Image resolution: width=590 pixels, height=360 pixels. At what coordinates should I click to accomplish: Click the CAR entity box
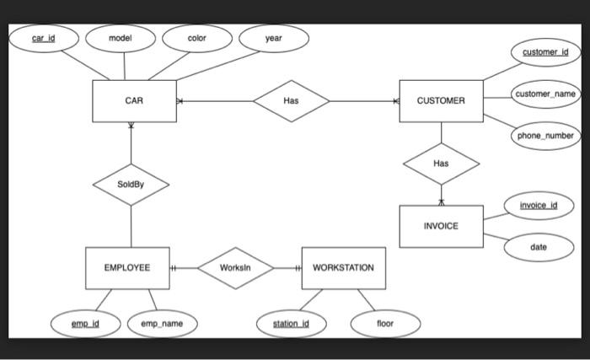pyautogui.click(x=134, y=101)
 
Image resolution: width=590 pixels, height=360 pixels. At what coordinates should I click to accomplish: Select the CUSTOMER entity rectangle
pyautogui.click(x=441, y=101)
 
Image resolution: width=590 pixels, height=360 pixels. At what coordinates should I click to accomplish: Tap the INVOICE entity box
pyautogui.click(x=441, y=226)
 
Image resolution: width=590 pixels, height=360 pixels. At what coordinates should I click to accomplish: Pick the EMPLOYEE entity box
pyautogui.click(x=127, y=268)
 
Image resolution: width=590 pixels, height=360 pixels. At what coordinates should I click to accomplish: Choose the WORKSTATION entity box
pyautogui.click(x=343, y=268)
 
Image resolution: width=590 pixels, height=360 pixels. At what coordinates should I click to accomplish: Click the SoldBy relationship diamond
pyautogui.click(x=131, y=184)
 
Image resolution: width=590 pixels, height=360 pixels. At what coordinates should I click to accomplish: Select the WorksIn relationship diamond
pyautogui.click(x=235, y=268)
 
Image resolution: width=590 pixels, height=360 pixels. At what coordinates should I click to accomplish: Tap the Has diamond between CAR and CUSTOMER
pyautogui.click(x=291, y=101)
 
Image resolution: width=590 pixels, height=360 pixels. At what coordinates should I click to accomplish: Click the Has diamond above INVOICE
pyautogui.click(x=441, y=164)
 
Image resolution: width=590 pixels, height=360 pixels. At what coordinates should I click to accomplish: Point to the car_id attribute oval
pyautogui.click(x=44, y=39)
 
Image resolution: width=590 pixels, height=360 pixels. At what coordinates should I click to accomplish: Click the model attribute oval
pyautogui.click(x=120, y=39)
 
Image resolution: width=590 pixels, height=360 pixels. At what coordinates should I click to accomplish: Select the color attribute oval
pyautogui.click(x=196, y=39)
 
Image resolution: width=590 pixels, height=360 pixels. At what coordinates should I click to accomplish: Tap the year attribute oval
pyautogui.click(x=273, y=39)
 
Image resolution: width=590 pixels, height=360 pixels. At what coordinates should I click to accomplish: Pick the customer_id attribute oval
pyautogui.click(x=544, y=52)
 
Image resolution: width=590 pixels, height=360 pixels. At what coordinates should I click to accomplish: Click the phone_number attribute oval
pyautogui.click(x=544, y=136)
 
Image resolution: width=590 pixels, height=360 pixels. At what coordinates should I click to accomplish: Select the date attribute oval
pyautogui.click(x=538, y=247)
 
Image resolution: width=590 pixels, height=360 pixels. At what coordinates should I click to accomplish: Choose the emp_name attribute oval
pyautogui.click(x=162, y=324)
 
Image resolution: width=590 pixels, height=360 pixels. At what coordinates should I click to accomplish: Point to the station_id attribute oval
pyautogui.click(x=291, y=324)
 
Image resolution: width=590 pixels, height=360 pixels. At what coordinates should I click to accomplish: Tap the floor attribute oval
pyautogui.click(x=384, y=324)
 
